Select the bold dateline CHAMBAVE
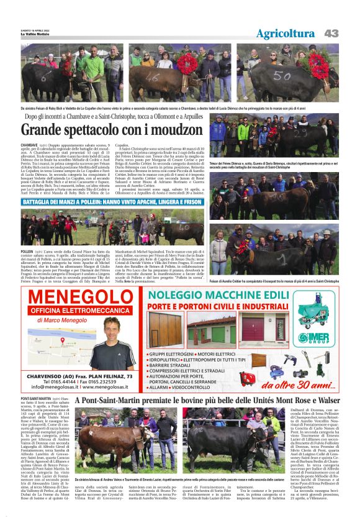click(x=30, y=144)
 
